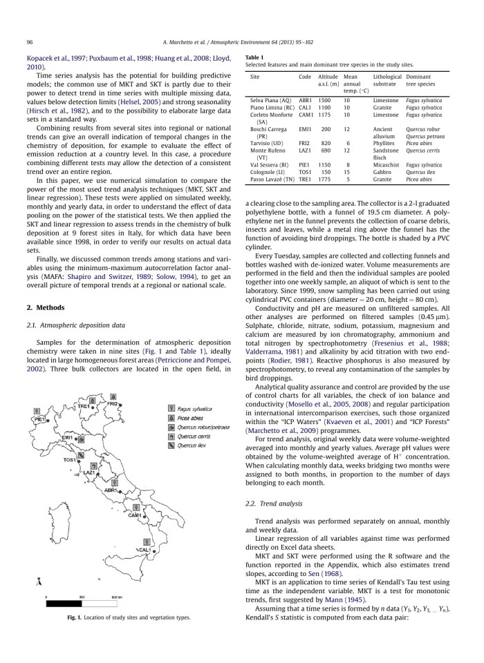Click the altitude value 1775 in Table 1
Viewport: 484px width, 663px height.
tap(328, 178)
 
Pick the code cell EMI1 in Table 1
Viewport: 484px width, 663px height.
tap(305, 128)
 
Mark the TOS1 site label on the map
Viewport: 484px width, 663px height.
tap(71, 459)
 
